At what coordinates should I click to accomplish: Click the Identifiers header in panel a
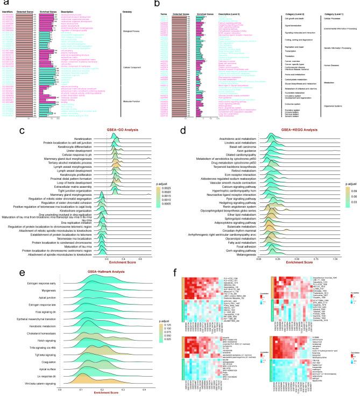click(x=10, y=6)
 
